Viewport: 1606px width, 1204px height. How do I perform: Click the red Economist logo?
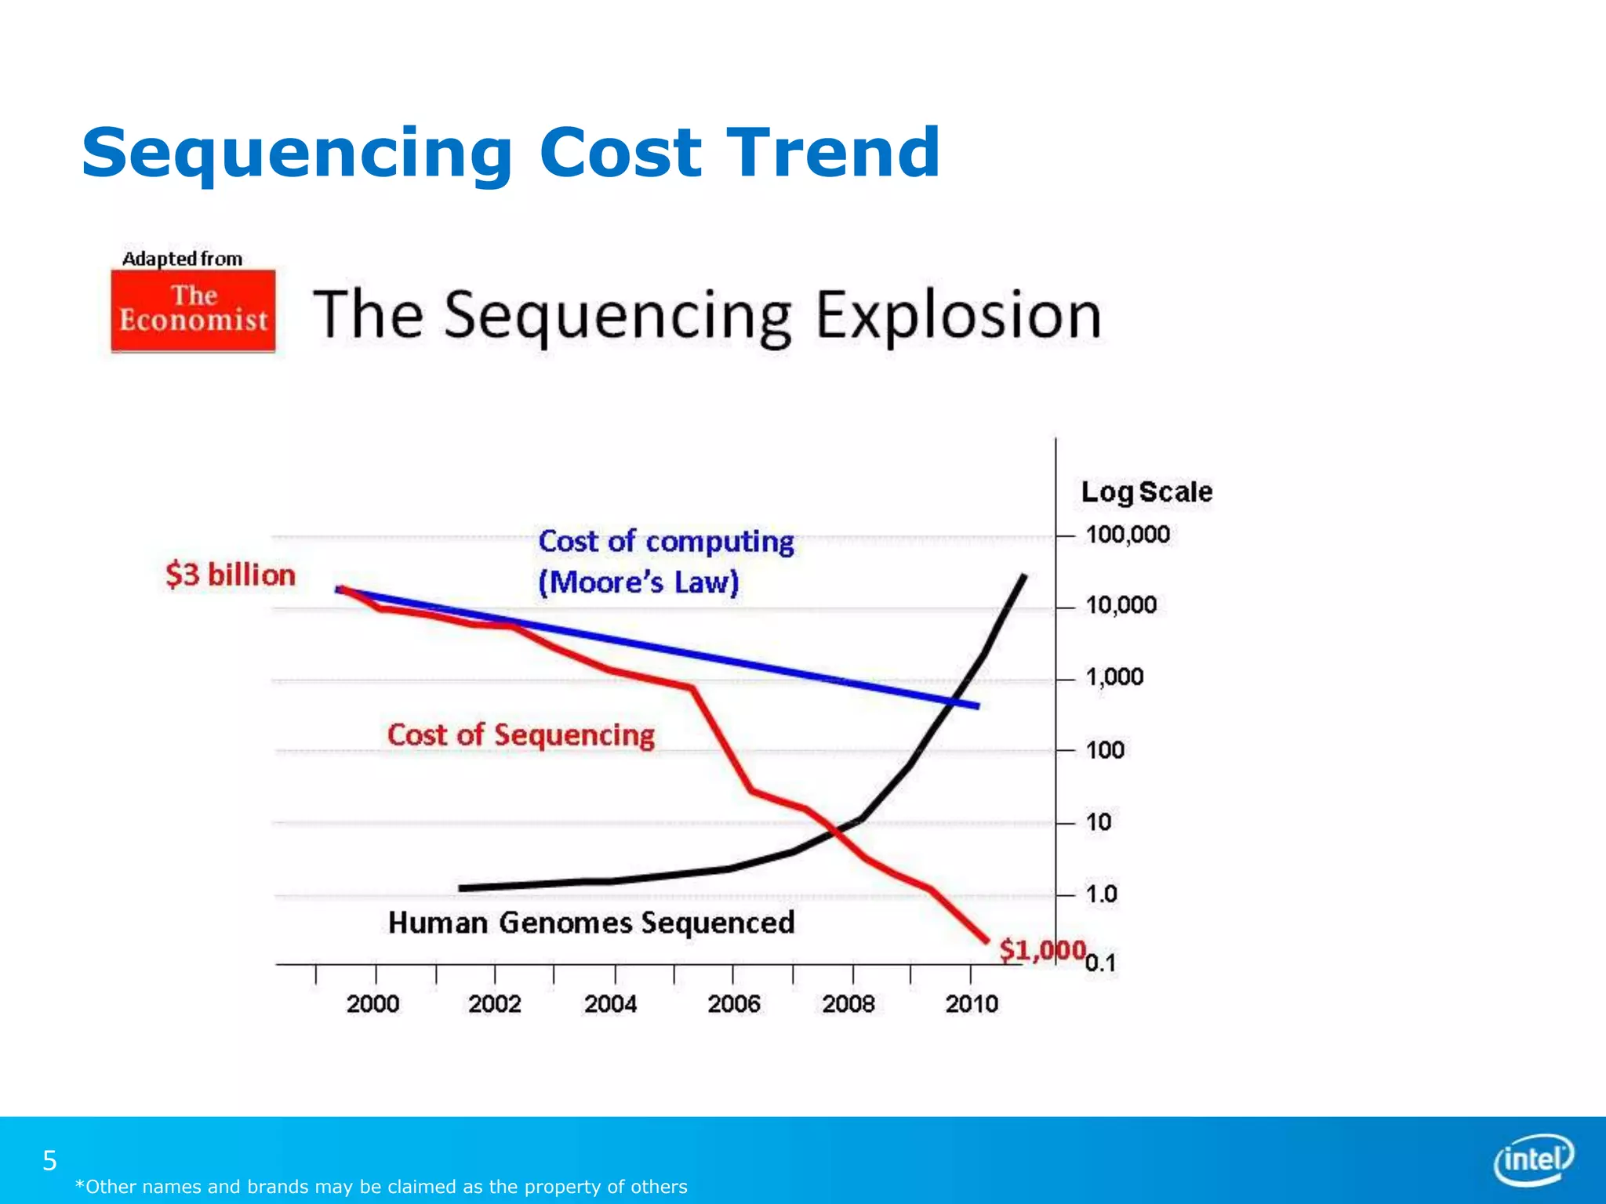(193, 310)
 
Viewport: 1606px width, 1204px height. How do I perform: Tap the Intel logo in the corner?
(1533, 1159)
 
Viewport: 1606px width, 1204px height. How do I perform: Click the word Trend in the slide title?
(833, 153)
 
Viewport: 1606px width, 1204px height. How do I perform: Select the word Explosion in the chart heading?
(958, 315)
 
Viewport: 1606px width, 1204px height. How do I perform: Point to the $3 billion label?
(231, 575)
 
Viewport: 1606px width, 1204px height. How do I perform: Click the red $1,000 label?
(1041, 950)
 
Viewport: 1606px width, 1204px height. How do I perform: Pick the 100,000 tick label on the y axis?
(1127, 535)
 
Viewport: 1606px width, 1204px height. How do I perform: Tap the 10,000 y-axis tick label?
(1121, 605)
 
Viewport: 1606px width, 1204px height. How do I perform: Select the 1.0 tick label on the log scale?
(1101, 894)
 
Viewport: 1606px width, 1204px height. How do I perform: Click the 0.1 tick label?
(1100, 963)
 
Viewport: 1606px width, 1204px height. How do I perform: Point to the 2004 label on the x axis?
(610, 1004)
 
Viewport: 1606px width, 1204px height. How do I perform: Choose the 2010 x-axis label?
(971, 1004)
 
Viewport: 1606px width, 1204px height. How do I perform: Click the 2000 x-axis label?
(372, 1004)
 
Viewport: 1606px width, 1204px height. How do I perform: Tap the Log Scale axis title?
(1146, 492)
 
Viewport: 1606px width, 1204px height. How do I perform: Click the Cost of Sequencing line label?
(521, 735)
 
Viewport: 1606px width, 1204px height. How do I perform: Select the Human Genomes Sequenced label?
(591, 923)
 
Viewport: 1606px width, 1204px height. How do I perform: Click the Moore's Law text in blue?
(638, 582)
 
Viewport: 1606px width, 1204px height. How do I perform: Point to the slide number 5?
(49, 1160)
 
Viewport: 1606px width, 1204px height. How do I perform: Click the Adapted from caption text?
(182, 259)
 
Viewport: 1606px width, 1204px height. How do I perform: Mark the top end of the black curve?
(1023, 577)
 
